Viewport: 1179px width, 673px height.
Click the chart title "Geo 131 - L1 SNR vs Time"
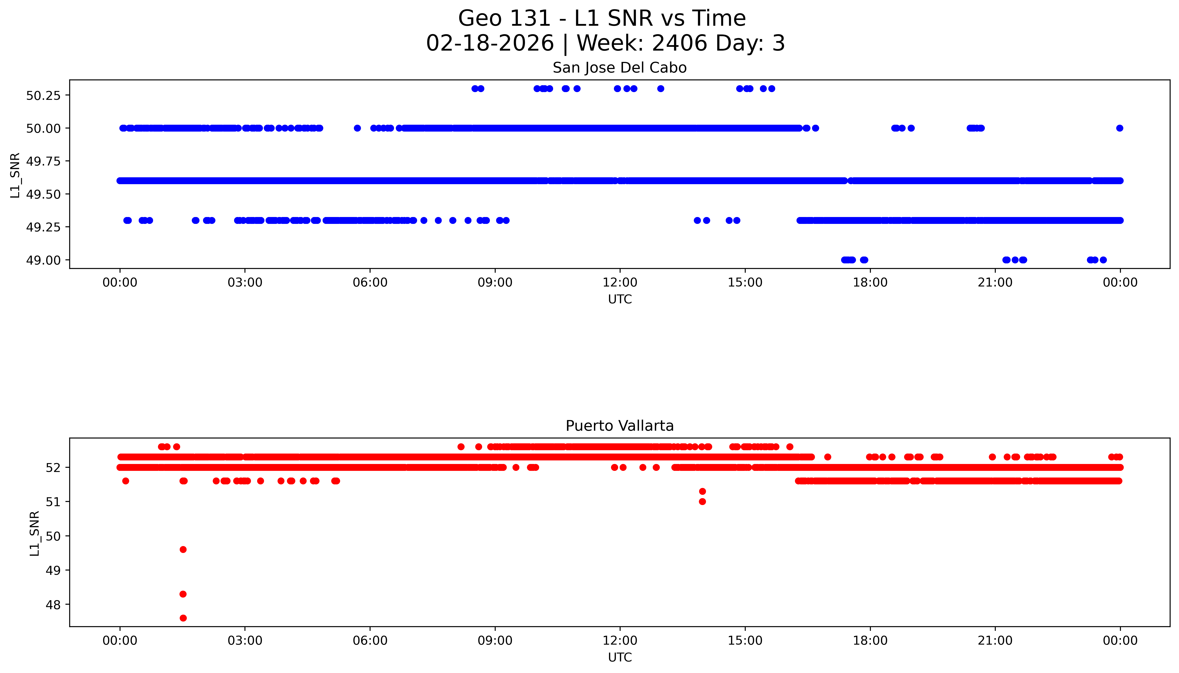(602, 18)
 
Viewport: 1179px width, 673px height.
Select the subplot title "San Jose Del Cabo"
(619, 68)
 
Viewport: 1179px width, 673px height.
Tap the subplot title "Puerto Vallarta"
(619, 426)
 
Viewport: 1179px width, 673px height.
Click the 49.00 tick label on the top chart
(43, 260)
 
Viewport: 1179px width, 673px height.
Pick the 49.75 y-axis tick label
(43, 161)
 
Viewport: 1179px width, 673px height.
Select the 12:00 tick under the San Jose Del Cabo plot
(620, 282)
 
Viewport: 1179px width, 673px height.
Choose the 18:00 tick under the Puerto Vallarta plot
(870, 641)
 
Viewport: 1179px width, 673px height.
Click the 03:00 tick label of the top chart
(245, 282)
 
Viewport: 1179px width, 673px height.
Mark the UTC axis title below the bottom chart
(620, 657)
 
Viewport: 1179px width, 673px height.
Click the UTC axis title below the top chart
(620, 300)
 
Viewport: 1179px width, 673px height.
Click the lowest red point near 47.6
(183, 618)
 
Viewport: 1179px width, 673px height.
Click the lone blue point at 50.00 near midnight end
(1119, 128)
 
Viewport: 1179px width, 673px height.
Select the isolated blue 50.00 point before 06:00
(357, 128)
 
